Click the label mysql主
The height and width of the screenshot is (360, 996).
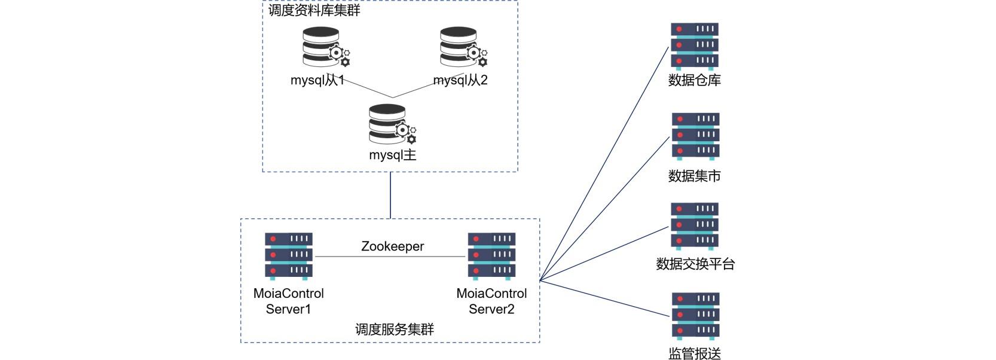click(x=392, y=155)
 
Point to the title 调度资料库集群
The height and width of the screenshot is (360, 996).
click(x=314, y=10)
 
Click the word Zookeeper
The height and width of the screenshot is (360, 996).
click(x=392, y=246)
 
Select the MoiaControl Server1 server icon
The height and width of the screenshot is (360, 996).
click(x=289, y=256)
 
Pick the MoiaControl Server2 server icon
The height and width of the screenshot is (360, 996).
click(x=491, y=256)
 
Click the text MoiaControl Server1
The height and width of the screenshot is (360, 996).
click(x=288, y=301)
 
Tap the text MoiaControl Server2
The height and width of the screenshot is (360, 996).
click(x=491, y=301)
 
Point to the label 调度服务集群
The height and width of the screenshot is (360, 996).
click(x=395, y=329)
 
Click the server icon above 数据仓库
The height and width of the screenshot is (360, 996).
click(x=694, y=46)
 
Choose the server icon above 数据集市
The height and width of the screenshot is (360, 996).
click(x=695, y=136)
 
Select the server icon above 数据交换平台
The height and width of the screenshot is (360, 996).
click(x=694, y=225)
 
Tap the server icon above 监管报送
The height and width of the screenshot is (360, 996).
click(x=695, y=315)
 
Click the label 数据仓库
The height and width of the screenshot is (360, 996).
click(x=694, y=80)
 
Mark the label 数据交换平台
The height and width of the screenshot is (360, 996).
click(x=695, y=264)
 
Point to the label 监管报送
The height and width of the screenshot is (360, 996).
click(x=694, y=353)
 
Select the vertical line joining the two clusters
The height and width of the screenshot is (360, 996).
click(x=390, y=196)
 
